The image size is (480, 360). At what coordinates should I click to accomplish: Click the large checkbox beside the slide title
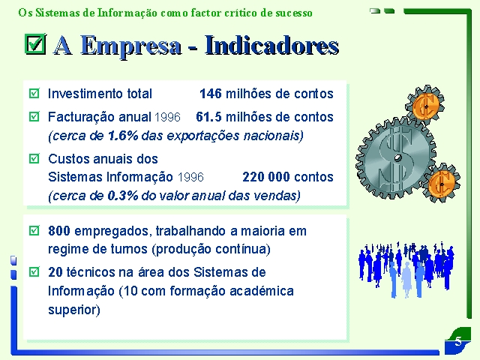[35, 43]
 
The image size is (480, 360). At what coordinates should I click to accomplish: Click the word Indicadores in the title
[271, 45]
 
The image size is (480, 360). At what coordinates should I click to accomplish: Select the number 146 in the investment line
[211, 94]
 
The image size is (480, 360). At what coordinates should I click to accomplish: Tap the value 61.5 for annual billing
[208, 117]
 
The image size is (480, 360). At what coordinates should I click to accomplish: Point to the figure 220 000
[266, 177]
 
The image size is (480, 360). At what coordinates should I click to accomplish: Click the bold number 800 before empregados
[59, 231]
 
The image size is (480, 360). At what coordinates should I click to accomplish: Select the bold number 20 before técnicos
[55, 272]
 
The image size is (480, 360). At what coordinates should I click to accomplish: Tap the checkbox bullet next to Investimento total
[34, 93]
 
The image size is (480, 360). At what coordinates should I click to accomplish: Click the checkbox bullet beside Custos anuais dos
[34, 158]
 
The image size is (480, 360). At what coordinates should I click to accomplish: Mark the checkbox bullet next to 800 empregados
[34, 230]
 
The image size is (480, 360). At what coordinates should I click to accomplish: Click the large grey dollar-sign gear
[396, 158]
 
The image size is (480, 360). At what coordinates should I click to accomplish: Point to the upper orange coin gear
[425, 106]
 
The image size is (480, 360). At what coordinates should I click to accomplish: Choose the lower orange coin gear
[441, 184]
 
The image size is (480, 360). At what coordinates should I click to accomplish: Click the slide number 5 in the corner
[458, 341]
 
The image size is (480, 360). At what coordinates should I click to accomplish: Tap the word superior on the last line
[74, 310]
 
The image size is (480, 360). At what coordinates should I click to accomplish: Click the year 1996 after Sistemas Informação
[190, 178]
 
